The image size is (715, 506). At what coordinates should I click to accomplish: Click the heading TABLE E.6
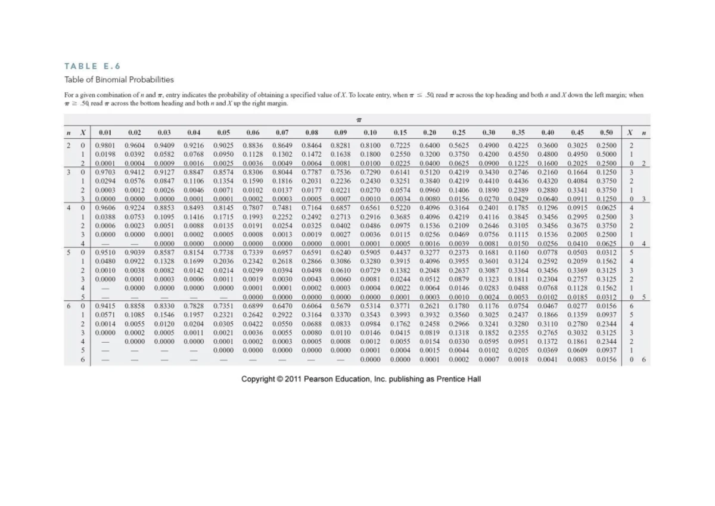click(88, 66)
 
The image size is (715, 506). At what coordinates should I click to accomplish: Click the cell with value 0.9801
click(106, 145)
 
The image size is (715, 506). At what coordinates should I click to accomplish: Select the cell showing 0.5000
click(606, 154)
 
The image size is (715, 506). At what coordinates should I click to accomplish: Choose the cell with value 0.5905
click(370, 253)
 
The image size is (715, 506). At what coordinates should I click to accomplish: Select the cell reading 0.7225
click(400, 145)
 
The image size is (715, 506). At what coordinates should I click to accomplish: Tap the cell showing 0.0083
click(576, 360)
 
